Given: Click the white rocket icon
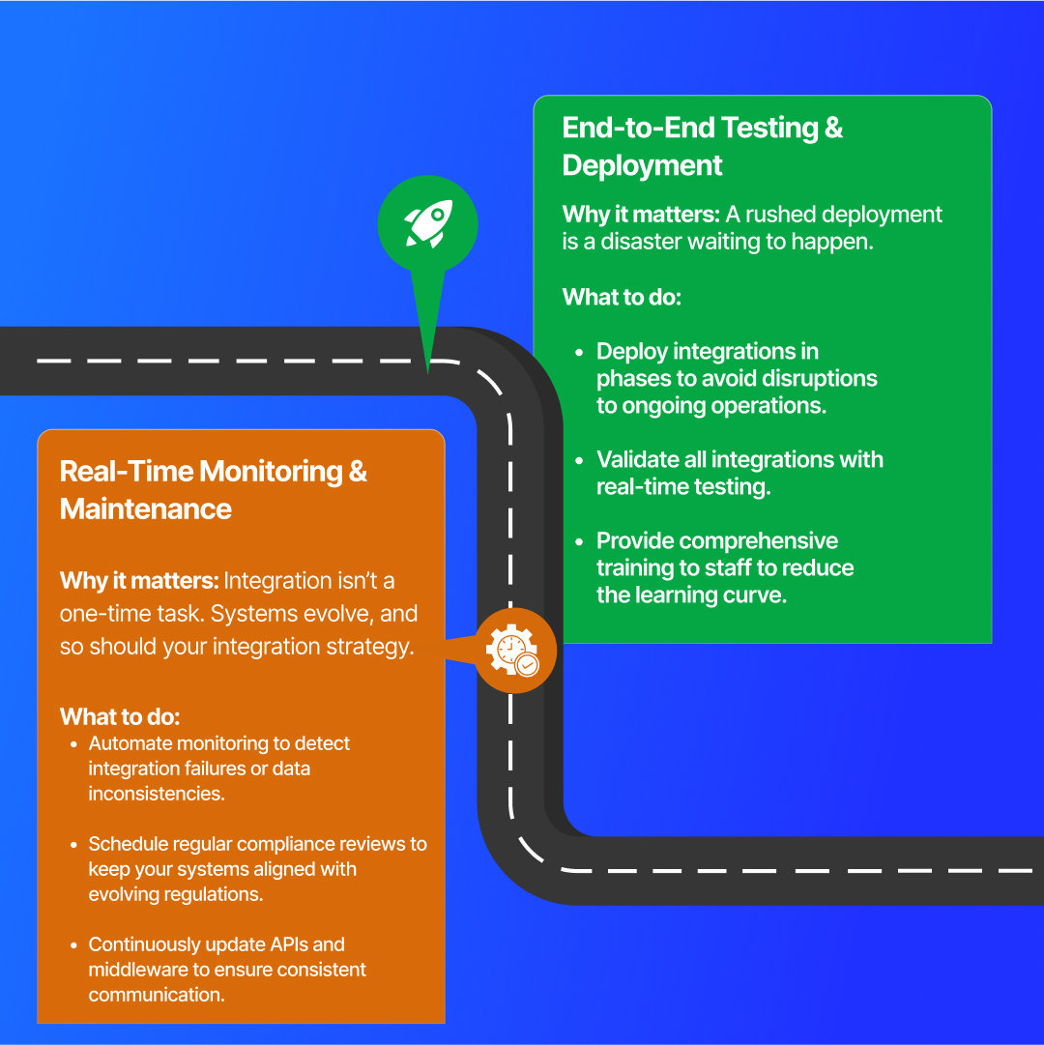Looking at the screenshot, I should [x=427, y=222].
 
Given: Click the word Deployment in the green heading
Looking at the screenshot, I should [x=642, y=165].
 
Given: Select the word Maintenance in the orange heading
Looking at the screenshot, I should [x=146, y=508].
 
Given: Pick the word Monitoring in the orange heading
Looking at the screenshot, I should [x=271, y=472].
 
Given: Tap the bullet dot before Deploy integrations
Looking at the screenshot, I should [x=579, y=353].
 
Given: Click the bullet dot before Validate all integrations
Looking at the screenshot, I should [x=579, y=461].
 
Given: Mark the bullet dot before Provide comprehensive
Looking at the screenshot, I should [x=579, y=542].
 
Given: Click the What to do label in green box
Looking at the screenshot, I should [x=622, y=297].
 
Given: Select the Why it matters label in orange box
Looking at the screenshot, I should [x=138, y=581].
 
